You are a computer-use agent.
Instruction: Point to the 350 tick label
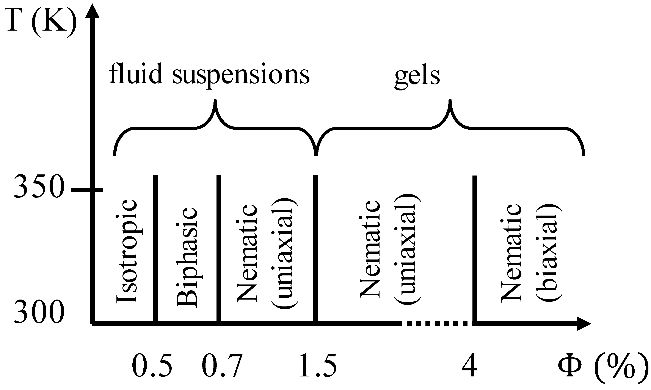coord(39,187)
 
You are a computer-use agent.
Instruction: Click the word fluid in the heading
coord(135,74)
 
